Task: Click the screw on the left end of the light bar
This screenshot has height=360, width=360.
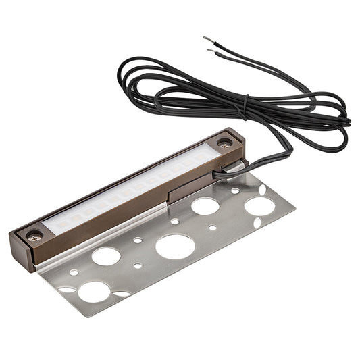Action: tap(34, 235)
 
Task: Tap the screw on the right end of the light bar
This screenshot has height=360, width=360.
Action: tap(223, 143)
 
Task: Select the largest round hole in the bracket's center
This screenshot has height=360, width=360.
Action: tap(175, 247)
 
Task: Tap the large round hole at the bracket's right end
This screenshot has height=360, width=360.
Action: tap(259, 205)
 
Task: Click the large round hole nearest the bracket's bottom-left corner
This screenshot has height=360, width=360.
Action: tap(94, 291)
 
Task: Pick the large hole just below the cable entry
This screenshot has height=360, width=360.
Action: tap(205, 206)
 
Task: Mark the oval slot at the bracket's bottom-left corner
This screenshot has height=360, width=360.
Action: tap(66, 289)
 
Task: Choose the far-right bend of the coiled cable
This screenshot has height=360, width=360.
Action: tap(349, 122)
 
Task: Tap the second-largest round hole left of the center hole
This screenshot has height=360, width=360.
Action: tap(106, 256)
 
